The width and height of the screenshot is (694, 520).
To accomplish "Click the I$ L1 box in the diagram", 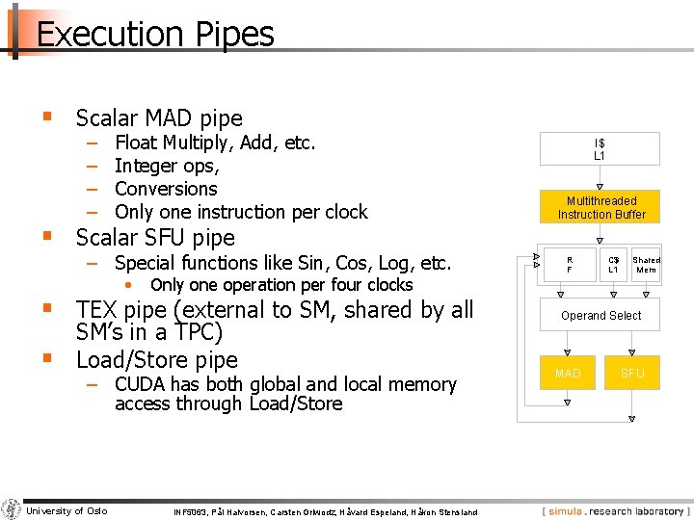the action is point(599,149).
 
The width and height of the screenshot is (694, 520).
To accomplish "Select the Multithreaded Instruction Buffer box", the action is point(601,207).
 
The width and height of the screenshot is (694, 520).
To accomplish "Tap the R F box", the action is point(569,265).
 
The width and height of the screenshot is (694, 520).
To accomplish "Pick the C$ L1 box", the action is point(613,265).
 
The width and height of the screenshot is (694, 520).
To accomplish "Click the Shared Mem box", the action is point(646,265).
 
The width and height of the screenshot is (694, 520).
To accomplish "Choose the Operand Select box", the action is point(601,315).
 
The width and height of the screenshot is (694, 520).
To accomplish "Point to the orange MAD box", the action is point(569,373).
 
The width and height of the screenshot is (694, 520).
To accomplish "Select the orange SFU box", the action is point(632,373).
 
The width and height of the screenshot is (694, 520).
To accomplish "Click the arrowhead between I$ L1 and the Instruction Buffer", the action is point(600,187).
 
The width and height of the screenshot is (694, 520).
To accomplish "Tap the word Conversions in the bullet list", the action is point(166,189).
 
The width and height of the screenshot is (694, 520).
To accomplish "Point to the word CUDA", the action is point(143,384).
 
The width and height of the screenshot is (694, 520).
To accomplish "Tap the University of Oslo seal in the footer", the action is point(12,509).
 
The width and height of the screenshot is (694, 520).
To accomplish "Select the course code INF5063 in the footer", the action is point(190,512).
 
